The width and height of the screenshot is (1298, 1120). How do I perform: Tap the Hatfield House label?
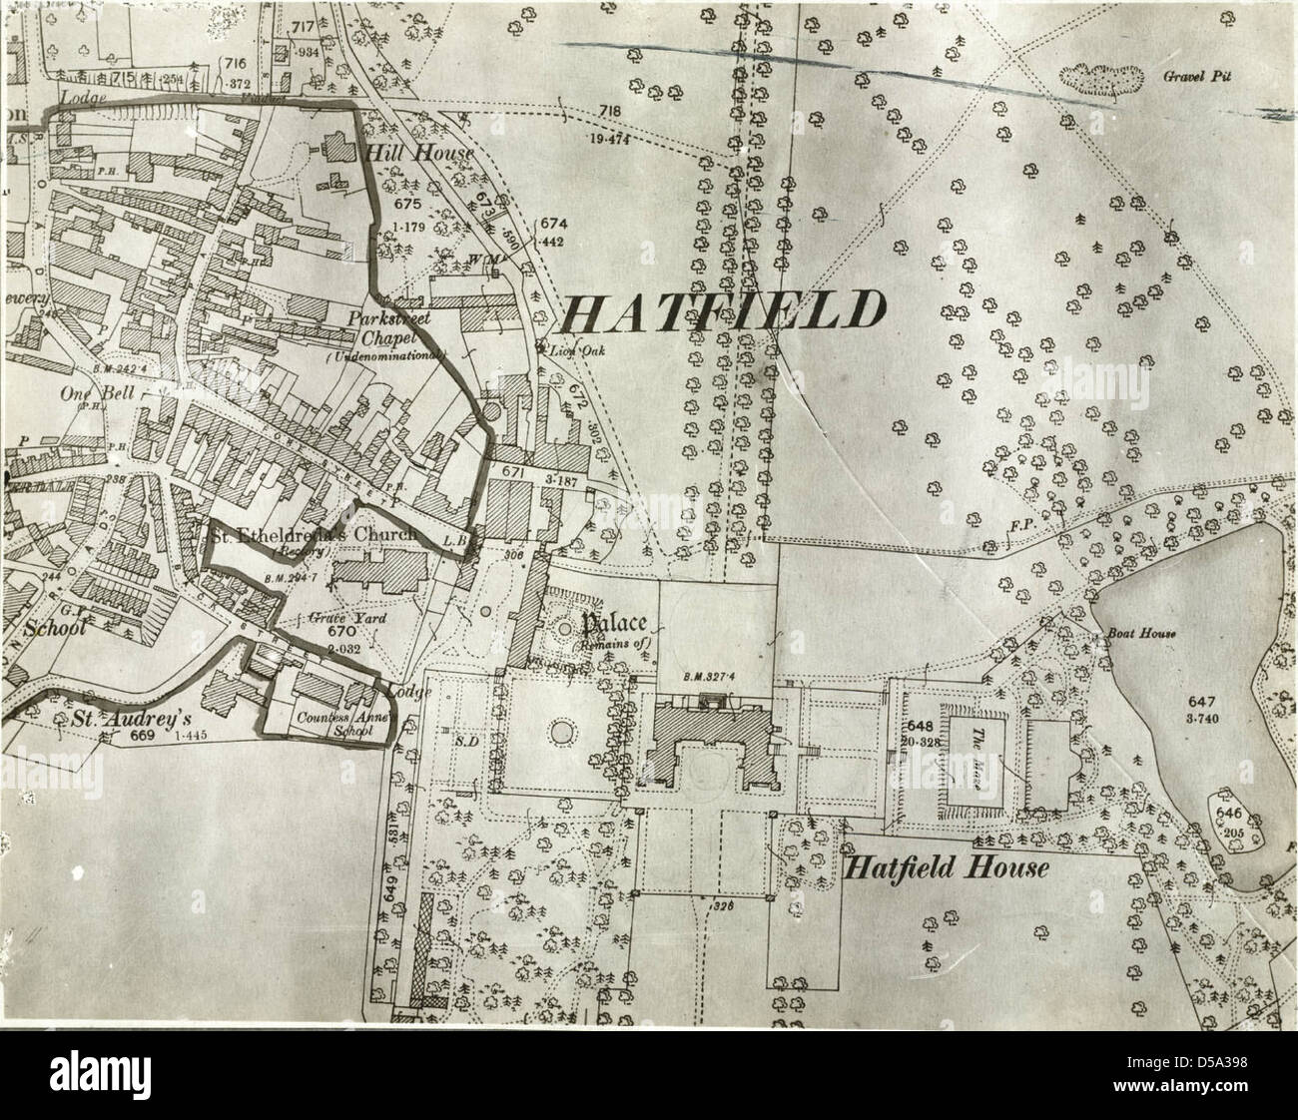click(947, 868)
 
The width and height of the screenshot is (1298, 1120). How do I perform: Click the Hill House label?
click(404, 154)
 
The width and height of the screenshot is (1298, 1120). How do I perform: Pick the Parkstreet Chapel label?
click(388, 328)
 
